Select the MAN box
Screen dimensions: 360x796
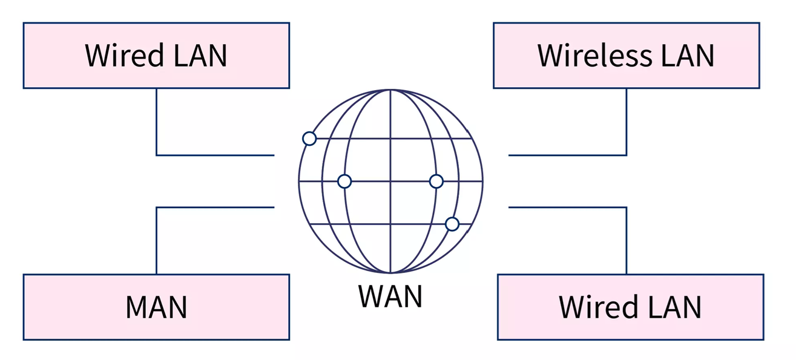tap(156, 307)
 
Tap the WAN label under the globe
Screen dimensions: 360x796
tap(390, 296)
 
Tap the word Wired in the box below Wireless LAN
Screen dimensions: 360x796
tap(598, 307)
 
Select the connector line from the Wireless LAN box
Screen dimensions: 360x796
tap(626, 121)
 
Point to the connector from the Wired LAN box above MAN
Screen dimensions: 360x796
tap(157, 121)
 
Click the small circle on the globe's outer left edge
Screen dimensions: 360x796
tap(309, 139)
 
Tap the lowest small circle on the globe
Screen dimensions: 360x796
tap(452, 224)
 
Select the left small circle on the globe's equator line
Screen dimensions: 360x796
tap(344, 181)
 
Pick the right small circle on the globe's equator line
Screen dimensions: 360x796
tap(436, 181)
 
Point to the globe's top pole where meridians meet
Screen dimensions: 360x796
tap(390, 90)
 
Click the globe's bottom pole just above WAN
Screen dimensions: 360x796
tap(390, 272)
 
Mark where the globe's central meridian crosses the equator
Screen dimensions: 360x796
tap(390, 181)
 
